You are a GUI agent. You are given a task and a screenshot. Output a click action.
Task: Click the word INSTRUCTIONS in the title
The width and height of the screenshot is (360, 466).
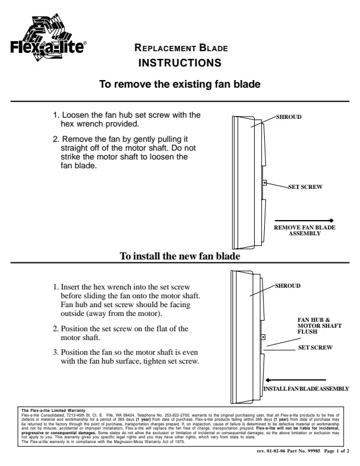[179, 62]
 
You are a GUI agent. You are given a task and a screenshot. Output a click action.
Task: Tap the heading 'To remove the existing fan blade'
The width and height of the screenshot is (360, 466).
[179, 84]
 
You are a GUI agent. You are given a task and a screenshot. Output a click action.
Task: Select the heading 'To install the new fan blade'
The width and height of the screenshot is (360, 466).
[179, 256]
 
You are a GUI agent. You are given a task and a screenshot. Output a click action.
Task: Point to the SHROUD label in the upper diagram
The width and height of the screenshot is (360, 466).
[289, 117]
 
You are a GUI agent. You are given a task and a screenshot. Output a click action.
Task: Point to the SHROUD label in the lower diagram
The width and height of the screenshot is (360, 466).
[288, 285]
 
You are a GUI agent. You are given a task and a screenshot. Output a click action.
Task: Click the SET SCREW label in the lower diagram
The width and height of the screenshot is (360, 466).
[315, 348]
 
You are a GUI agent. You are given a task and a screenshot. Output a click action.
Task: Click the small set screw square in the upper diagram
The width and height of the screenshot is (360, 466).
[265, 183]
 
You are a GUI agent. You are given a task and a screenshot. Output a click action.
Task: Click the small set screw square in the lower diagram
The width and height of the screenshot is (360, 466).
[263, 338]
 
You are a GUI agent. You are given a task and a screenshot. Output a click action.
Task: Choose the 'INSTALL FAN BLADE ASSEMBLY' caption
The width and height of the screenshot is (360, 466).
[306, 389]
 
